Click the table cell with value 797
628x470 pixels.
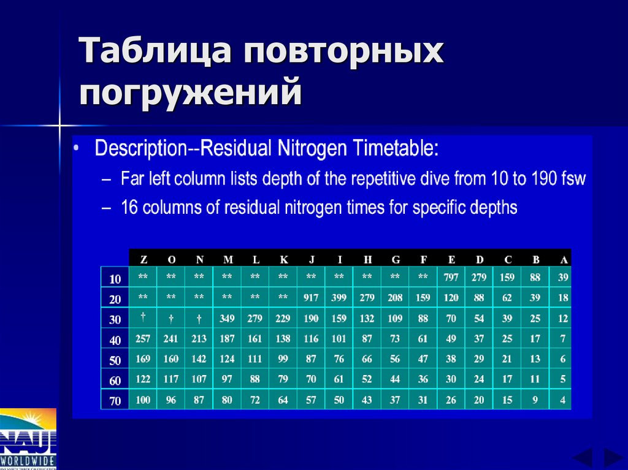coord(451,278)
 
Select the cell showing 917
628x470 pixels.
coord(311,298)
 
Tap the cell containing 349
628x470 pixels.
coord(227,319)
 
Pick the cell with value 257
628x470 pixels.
coord(143,339)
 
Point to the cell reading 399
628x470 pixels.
coord(339,298)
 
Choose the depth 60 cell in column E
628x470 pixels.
coord(451,379)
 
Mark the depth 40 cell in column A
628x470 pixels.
coord(562,339)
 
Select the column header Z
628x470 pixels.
coord(143,259)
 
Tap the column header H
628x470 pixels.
coord(367,259)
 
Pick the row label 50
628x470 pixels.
coord(115,360)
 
